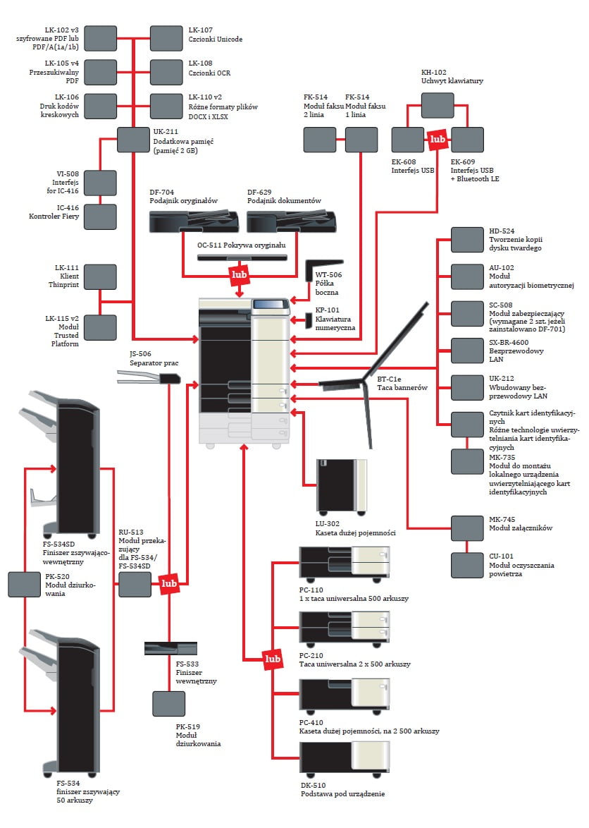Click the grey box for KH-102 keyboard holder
tap(438, 105)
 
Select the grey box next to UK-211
tap(132, 139)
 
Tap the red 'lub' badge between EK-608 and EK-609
tap(438, 140)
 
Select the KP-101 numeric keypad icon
tap(308, 320)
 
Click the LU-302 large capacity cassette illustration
tap(342, 486)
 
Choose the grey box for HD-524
tap(467, 240)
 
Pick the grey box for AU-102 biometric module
tap(467, 277)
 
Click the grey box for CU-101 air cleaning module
tap(467, 566)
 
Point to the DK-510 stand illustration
tap(344, 757)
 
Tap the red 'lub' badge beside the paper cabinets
tap(273, 659)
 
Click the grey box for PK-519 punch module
tap(169, 704)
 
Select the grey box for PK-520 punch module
tap(24, 585)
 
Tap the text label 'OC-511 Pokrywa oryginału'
tap(241, 245)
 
